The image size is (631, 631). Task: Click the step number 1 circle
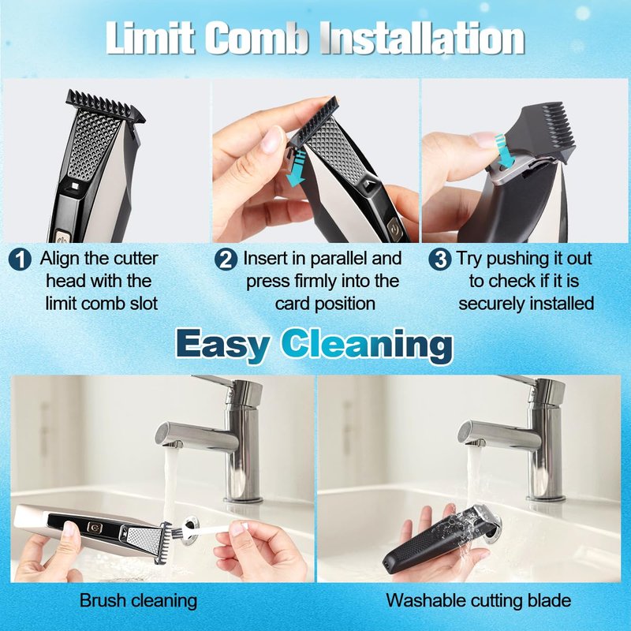[x=20, y=259]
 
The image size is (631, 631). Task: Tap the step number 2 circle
[x=226, y=259]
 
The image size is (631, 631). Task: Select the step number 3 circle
[x=440, y=259]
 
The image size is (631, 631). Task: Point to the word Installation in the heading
[x=423, y=38]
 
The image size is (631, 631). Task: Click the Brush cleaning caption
[x=139, y=601]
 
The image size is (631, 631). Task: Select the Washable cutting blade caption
[x=479, y=601]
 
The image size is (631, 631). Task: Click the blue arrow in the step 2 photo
[x=298, y=169]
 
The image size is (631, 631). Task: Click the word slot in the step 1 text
[x=144, y=303]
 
